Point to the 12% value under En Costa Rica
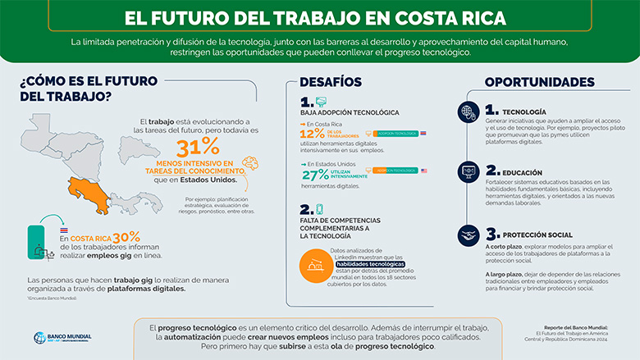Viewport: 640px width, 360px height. (313, 133)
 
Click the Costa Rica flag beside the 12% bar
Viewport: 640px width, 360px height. (423, 131)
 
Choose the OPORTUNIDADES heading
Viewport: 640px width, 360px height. (539, 82)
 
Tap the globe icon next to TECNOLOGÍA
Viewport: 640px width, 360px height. (468, 112)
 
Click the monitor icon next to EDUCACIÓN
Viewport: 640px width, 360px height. (468, 172)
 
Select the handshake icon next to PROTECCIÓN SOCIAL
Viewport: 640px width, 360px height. (468, 235)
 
